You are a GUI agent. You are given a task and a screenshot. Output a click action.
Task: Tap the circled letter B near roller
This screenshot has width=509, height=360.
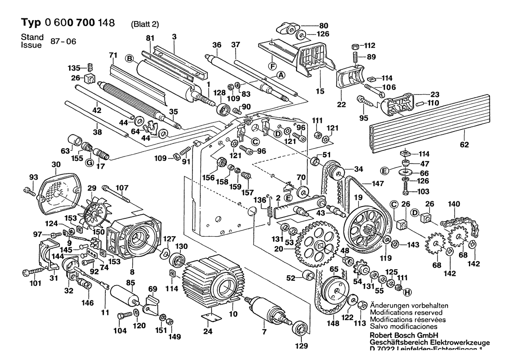coord(129,58)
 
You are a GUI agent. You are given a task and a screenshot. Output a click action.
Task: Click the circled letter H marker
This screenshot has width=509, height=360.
coord(408,292)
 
